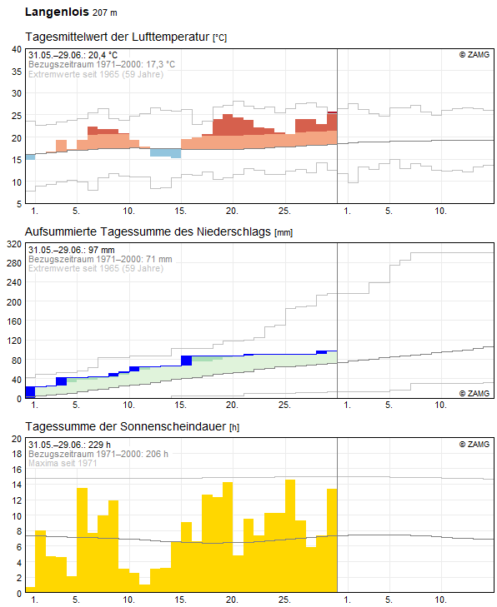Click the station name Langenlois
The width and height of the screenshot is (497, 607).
point(57,12)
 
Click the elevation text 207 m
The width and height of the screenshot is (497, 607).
point(105,12)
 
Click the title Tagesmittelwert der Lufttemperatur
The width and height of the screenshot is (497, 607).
point(118,37)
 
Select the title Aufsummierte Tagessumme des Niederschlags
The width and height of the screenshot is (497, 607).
point(148,231)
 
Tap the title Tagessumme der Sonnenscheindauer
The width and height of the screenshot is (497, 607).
point(126,426)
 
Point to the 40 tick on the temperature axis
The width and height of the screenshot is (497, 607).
point(17,50)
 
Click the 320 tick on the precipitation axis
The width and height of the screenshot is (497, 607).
point(14,244)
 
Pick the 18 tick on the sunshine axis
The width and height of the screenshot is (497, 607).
point(17,454)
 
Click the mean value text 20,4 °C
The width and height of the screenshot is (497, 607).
point(103,55)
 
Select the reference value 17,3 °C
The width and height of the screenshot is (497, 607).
point(160,65)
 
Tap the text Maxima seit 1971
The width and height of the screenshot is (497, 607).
point(63,463)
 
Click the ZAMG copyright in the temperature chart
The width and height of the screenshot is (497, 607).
point(474,55)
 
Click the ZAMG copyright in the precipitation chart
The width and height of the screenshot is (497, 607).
point(474,394)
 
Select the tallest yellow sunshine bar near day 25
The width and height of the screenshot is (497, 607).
point(290,536)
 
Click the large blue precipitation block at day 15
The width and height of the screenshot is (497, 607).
point(187,361)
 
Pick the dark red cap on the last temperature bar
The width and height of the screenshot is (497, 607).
point(332,112)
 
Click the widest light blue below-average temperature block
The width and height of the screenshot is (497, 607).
point(166,153)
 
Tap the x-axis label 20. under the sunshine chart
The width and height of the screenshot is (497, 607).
point(232,600)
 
